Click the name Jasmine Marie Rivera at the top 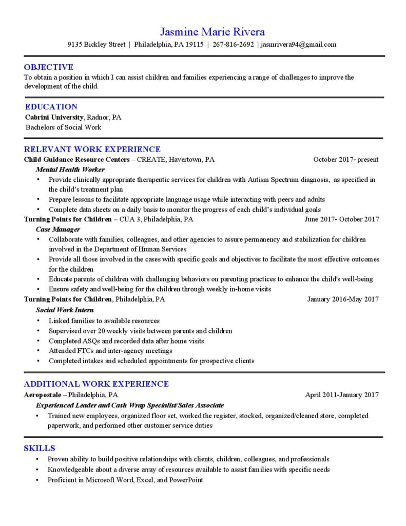[x=212, y=31]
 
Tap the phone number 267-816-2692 [x=233, y=44]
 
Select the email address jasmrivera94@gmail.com [x=298, y=44]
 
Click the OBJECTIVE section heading [x=49, y=67]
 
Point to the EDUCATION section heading [x=51, y=107]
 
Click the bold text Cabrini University [x=54, y=117]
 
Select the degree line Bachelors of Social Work [x=64, y=127]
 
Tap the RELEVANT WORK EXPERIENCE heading [x=92, y=149]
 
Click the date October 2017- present [x=346, y=159]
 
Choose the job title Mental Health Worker [x=70, y=170]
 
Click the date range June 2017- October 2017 [x=342, y=219]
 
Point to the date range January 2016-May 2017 [x=343, y=299]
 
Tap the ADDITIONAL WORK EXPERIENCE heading [x=96, y=384]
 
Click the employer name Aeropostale [x=43, y=395]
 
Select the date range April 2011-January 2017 [x=342, y=395]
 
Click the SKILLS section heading [x=40, y=448]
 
